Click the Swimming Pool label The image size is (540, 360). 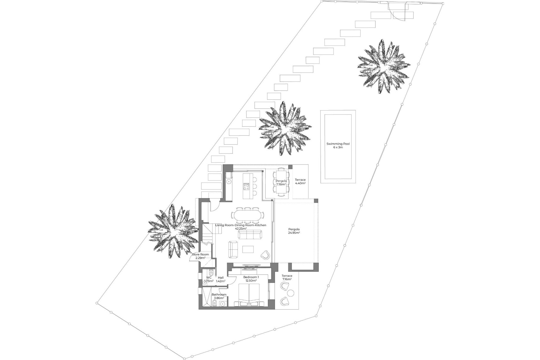coord(338,145)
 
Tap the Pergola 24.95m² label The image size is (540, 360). coord(294,231)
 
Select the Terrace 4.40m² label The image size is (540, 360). coord(300,181)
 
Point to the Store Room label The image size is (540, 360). coord(200,256)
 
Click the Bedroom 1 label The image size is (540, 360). coord(251,279)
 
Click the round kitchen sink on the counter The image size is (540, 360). coord(229,182)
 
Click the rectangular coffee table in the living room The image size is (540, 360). coord(248,249)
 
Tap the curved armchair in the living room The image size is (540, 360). coord(265,255)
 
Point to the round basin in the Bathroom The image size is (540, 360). coord(223,303)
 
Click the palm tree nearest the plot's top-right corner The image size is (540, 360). coord(383,67)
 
